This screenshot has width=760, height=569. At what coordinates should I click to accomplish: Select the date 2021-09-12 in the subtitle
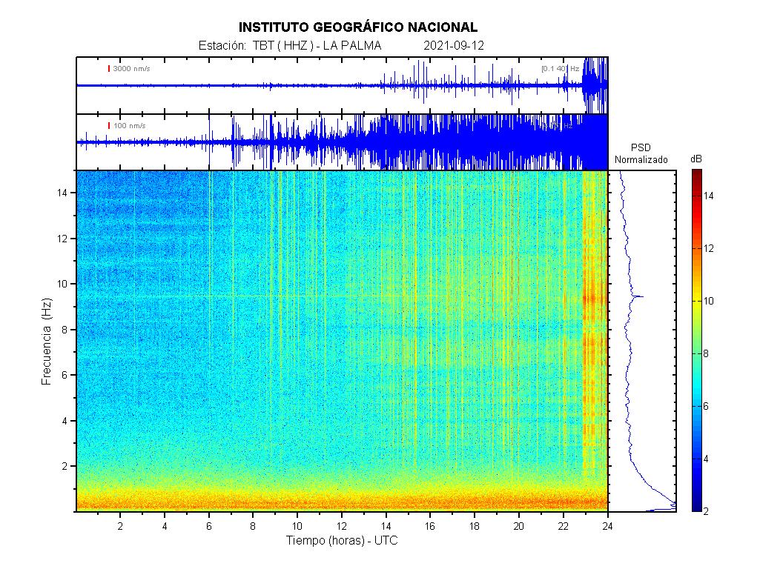[454, 46]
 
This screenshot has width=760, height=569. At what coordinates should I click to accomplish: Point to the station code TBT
[262, 46]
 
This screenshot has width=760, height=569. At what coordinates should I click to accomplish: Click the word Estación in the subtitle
[222, 46]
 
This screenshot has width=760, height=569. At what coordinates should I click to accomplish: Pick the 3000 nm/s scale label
[131, 69]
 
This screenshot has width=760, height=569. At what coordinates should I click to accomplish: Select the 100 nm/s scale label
[130, 126]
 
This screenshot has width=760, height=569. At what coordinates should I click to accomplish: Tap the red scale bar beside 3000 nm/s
[109, 69]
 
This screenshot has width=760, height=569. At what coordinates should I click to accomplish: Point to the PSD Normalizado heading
[641, 154]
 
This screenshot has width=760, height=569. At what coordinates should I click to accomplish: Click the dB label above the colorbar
[696, 159]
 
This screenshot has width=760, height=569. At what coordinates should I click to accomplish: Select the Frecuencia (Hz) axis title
[46, 341]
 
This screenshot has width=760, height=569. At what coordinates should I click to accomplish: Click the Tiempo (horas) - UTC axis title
[342, 542]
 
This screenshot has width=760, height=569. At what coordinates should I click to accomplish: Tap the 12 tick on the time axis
[342, 525]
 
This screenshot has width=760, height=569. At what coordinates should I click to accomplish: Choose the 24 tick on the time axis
[608, 525]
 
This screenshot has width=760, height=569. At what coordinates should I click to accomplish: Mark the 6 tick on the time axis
[209, 525]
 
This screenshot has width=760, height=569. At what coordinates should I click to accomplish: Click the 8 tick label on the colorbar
[707, 353]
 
